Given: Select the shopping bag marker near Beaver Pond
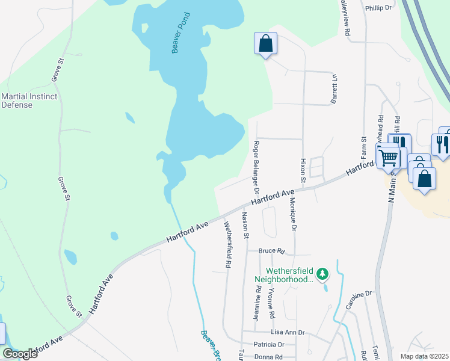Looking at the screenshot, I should point(265,44).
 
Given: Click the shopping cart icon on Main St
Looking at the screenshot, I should point(389,158).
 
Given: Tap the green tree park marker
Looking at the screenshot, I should point(323,275).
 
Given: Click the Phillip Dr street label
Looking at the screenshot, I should point(378,8).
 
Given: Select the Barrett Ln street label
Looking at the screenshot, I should point(334,89).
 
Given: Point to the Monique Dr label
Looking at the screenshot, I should point(293,215).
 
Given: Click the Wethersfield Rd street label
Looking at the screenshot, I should point(228,244).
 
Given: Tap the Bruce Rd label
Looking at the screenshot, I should point(271,250).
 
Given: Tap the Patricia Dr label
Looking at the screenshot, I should point(268,345).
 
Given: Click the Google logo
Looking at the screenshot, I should point(20,354).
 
